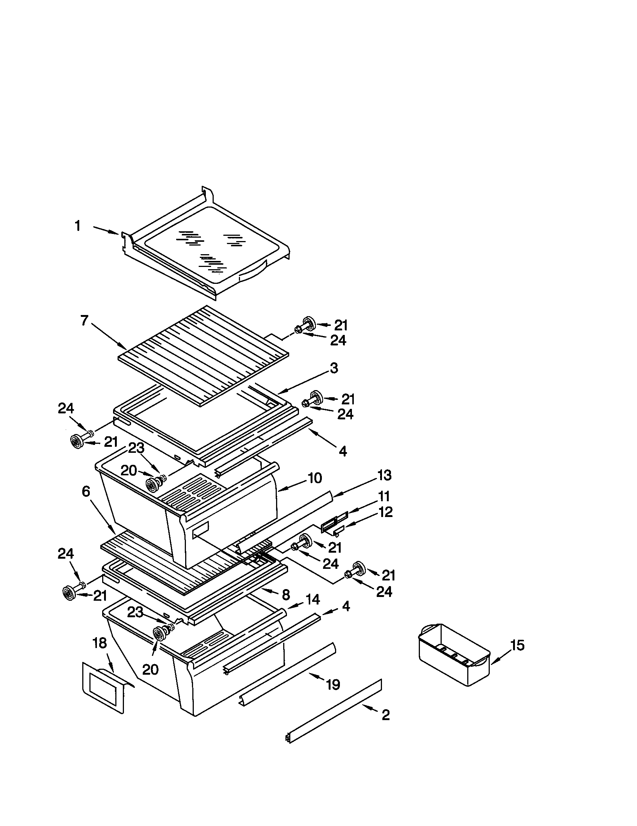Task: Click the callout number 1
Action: point(77,226)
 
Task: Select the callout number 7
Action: point(85,321)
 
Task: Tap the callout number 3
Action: point(334,368)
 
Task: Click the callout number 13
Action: point(384,475)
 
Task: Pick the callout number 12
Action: point(385,512)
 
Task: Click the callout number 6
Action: point(86,491)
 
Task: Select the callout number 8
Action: point(286,595)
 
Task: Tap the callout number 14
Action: point(313,600)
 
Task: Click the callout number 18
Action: point(100,643)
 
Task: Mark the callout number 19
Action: point(333,684)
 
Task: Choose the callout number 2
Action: point(385,715)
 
